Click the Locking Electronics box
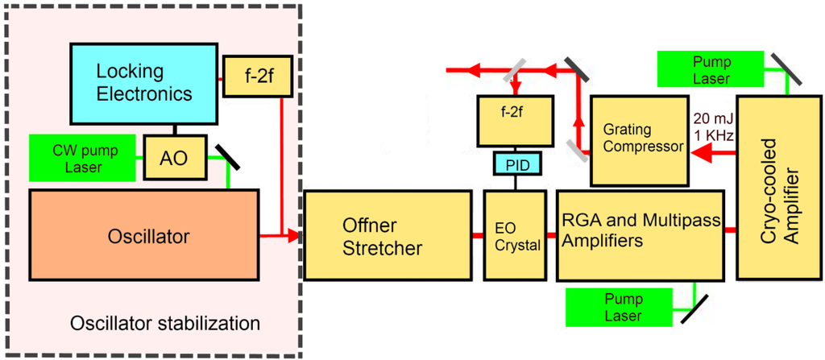coord(144,82)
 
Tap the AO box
coord(174,158)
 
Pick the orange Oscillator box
coord(143,236)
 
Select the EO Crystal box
coord(517,236)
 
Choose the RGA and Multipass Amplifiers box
coord(641,236)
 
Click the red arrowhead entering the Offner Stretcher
coord(293,236)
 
